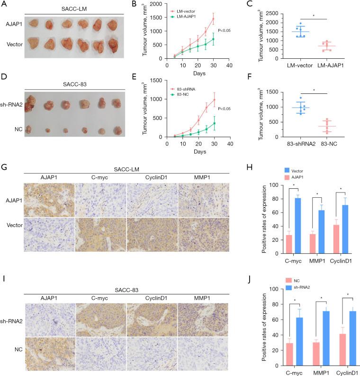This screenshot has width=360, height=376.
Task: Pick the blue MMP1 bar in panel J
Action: (323, 339)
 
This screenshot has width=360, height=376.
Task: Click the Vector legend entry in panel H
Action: (299, 170)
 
